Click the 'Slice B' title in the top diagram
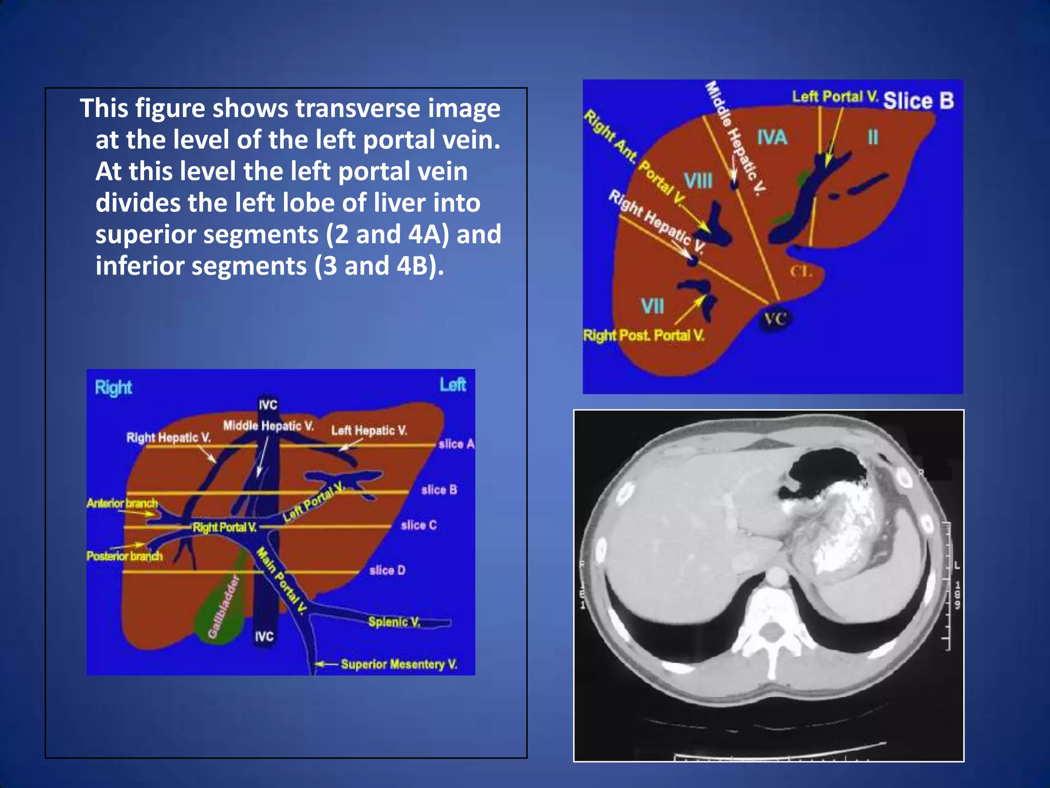[x=918, y=101]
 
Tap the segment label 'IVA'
[x=772, y=137]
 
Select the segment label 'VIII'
[x=698, y=181]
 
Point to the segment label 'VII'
[x=652, y=306]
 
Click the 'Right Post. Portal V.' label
[x=644, y=336]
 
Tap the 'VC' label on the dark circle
[x=775, y=320]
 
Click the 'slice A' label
[x=456, y=444]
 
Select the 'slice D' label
[x=387, y=570]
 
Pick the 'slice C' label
[x=418, y=525]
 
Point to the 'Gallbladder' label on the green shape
[x=224, y=608]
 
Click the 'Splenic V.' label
[x=394, y=622]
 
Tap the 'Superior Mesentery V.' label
[x=399, y=664]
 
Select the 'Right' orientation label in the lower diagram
[x=113, y=388]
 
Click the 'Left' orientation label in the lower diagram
[x=453, y=385]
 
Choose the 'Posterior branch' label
[x=124, y=557]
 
